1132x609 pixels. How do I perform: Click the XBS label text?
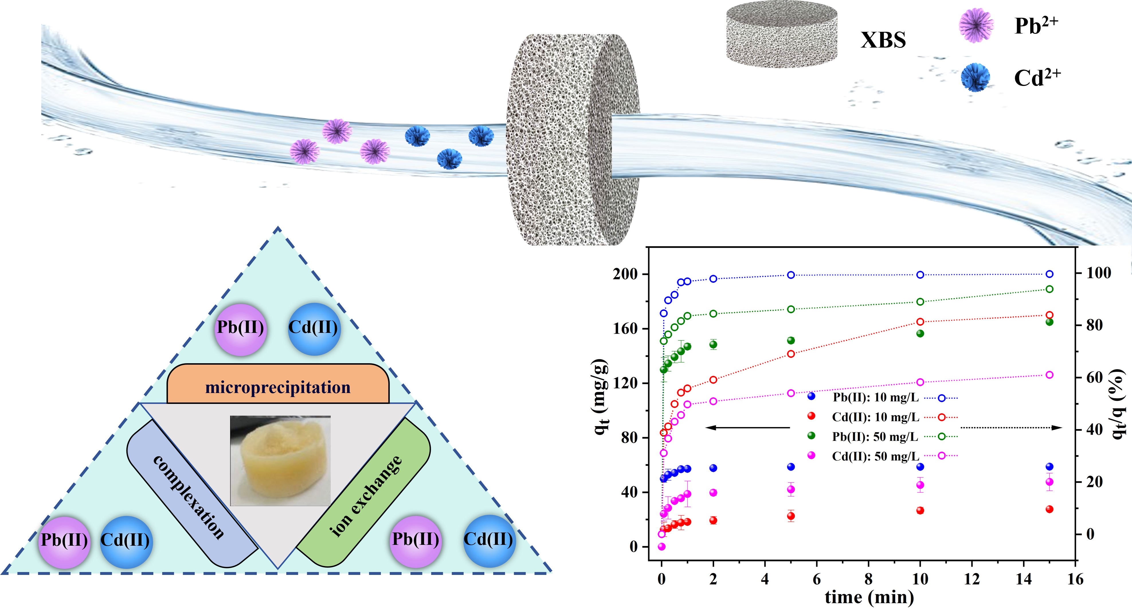pos(883,40)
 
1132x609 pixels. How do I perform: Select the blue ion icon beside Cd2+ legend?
pos(975,77)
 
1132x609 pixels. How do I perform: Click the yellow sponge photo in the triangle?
pos(280,461)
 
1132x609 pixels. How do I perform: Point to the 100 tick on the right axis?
pos(1098,273)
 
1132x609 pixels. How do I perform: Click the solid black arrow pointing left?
pos(747,427)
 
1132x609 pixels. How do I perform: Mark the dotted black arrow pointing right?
pos(1011,427)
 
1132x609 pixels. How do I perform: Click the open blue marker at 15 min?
pos(1049,274)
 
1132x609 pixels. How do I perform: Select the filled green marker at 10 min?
pos(920,333)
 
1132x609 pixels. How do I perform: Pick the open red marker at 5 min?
pos(791,354)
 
